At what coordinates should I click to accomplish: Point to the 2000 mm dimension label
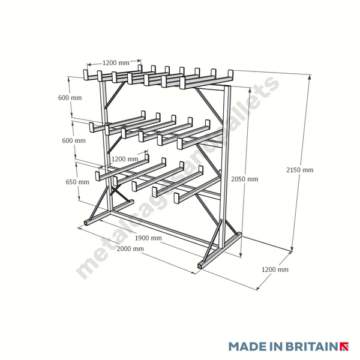click(130, 248)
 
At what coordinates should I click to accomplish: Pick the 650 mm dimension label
click(78, 182)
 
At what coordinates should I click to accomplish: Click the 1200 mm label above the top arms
click(115, 62)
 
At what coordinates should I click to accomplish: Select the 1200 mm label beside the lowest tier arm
click(125, 159)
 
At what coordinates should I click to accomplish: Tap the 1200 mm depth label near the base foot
click(275, 270)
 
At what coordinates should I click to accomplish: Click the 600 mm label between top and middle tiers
click(70, 98)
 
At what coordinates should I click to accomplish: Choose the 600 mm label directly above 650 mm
click(73, 140)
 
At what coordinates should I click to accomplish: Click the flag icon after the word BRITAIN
click(344, 347)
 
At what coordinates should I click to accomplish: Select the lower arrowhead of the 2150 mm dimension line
click(293, 248)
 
